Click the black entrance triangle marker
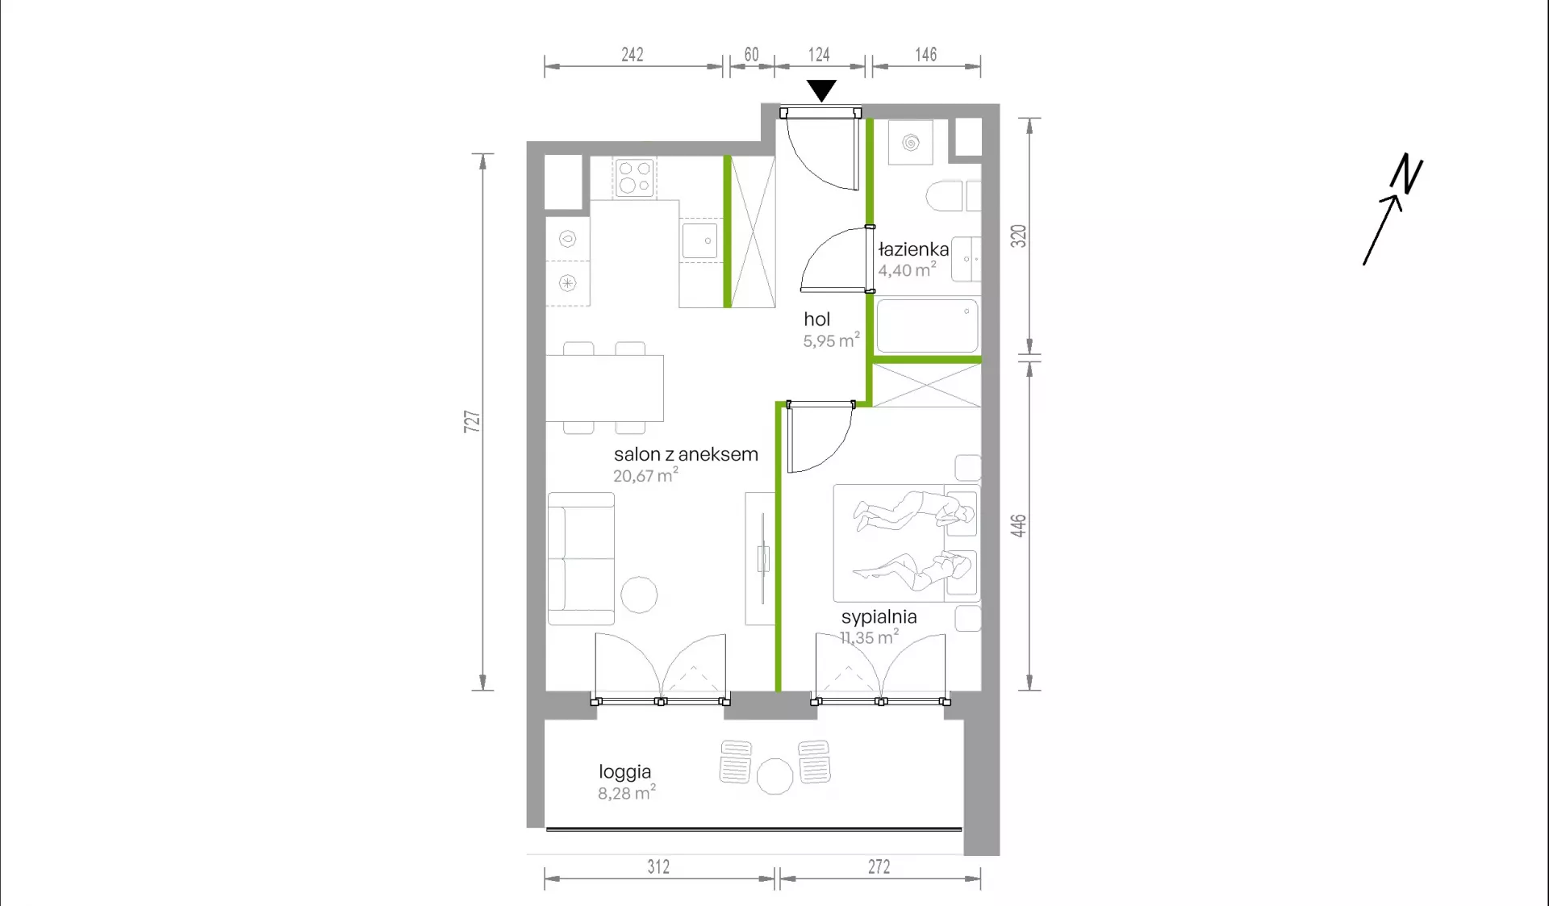[x=821, y=90]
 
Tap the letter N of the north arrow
[x=1406, y=173]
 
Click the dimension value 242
[x=633, y=54]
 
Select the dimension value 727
[x=472, y=421]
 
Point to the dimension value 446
[x=1018, y=525]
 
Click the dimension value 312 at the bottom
[x=658, y=866]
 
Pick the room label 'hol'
[x=816, y=319]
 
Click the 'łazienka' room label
[x=913, y=249]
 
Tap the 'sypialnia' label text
[x=879, y=617]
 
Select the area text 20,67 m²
[x=645, y=475]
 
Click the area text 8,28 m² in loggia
[x=627, y=792]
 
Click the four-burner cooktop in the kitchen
[x=635, y=177]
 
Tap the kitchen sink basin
[x=699, y=240]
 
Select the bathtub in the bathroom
[x=927, y=326]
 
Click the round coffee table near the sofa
[x=639, y=595]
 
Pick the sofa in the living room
[x=581, y=558]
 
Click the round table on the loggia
[x=774, y=776]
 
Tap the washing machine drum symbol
[x=911, y=143]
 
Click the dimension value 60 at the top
[x=751, y=54]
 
